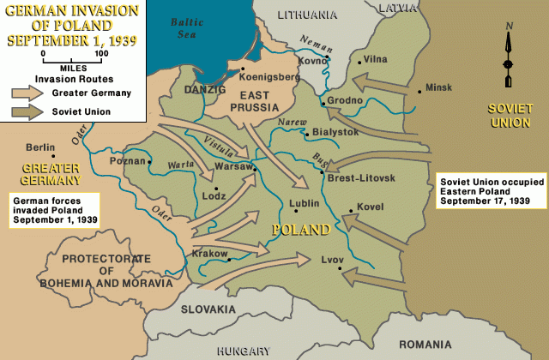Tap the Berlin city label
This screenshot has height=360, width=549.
pos(40,147)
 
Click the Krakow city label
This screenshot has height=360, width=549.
pos(208,254)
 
